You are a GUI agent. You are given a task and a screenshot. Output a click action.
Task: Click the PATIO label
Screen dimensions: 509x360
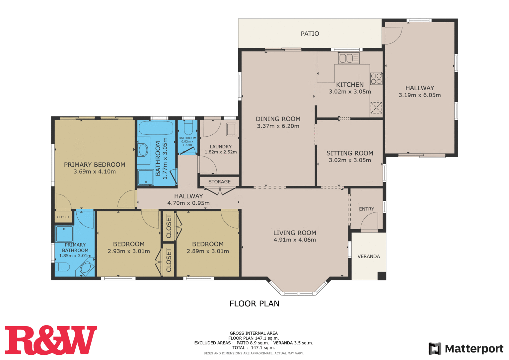click(x=310, y=34)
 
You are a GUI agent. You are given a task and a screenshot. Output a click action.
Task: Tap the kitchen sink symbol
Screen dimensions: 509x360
click(x=349, y=58)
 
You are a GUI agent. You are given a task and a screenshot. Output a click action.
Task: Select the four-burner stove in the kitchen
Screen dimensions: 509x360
click(x=376, y=79)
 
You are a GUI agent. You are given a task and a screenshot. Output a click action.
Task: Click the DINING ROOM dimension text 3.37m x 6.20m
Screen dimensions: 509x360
click(x=278, y=126)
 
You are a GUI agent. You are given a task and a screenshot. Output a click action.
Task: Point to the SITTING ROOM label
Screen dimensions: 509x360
click(x=350, y=153)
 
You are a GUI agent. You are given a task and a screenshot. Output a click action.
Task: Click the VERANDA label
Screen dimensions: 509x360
click(x=369, y=256)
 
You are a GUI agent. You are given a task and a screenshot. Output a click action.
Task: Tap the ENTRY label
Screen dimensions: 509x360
click(x=367, y=209)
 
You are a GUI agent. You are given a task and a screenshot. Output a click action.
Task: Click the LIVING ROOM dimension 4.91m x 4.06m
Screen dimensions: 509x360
click(x=295, y=240)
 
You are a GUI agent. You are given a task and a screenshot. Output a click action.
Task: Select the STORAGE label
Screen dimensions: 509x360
click(x=220, y=181)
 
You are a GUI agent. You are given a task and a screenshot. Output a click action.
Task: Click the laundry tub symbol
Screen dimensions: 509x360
click(x=231, y=129)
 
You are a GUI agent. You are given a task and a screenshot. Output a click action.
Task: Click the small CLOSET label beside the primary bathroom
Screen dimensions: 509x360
click(x=63, y=217)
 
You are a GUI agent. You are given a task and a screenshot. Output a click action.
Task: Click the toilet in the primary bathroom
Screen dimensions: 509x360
click(x=62, y=267)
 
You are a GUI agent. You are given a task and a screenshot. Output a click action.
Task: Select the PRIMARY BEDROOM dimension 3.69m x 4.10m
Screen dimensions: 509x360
click(x=95, y=171)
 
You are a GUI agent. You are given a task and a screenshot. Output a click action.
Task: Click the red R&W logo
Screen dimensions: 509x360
click(x=51, y=340)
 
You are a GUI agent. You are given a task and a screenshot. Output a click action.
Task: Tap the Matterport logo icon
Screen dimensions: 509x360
click(x=435, y=349)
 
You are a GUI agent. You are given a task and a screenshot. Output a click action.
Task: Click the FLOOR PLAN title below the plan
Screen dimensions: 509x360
click(x=254, y=304)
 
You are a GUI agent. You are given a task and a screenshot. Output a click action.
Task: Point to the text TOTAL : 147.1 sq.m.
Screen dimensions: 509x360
click(x=254, y=348)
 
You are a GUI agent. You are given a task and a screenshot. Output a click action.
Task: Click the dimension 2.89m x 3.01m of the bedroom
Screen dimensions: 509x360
click(x=208, y=251)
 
